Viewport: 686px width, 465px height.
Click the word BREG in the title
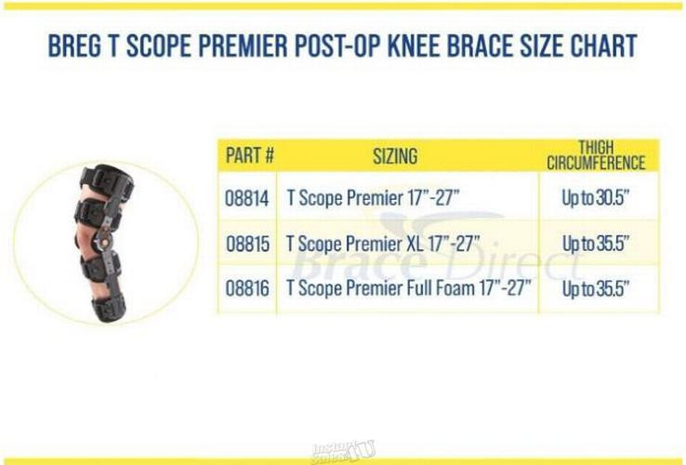tap(74, 46)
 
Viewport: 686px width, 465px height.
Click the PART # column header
tap(250, 155)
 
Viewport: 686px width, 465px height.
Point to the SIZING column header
tap(395, 156)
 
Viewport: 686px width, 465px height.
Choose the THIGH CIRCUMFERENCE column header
tap(596, 155)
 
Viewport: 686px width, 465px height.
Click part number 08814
tap(247, 198)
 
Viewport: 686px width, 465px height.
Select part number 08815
tap(247, 244)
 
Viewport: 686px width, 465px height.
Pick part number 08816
tap(247, 288)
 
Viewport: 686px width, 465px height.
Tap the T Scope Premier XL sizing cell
tap(383, 244)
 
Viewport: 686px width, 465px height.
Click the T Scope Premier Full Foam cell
tap(409, 288)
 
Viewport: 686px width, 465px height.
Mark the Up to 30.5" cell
tap(596, 198)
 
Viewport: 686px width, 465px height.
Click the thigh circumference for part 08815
tap(596, 244)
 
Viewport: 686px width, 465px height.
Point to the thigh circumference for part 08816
tap(596, 288)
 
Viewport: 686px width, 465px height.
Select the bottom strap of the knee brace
tap(109, 307)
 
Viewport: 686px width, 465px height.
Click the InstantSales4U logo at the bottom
tap(343, 452)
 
